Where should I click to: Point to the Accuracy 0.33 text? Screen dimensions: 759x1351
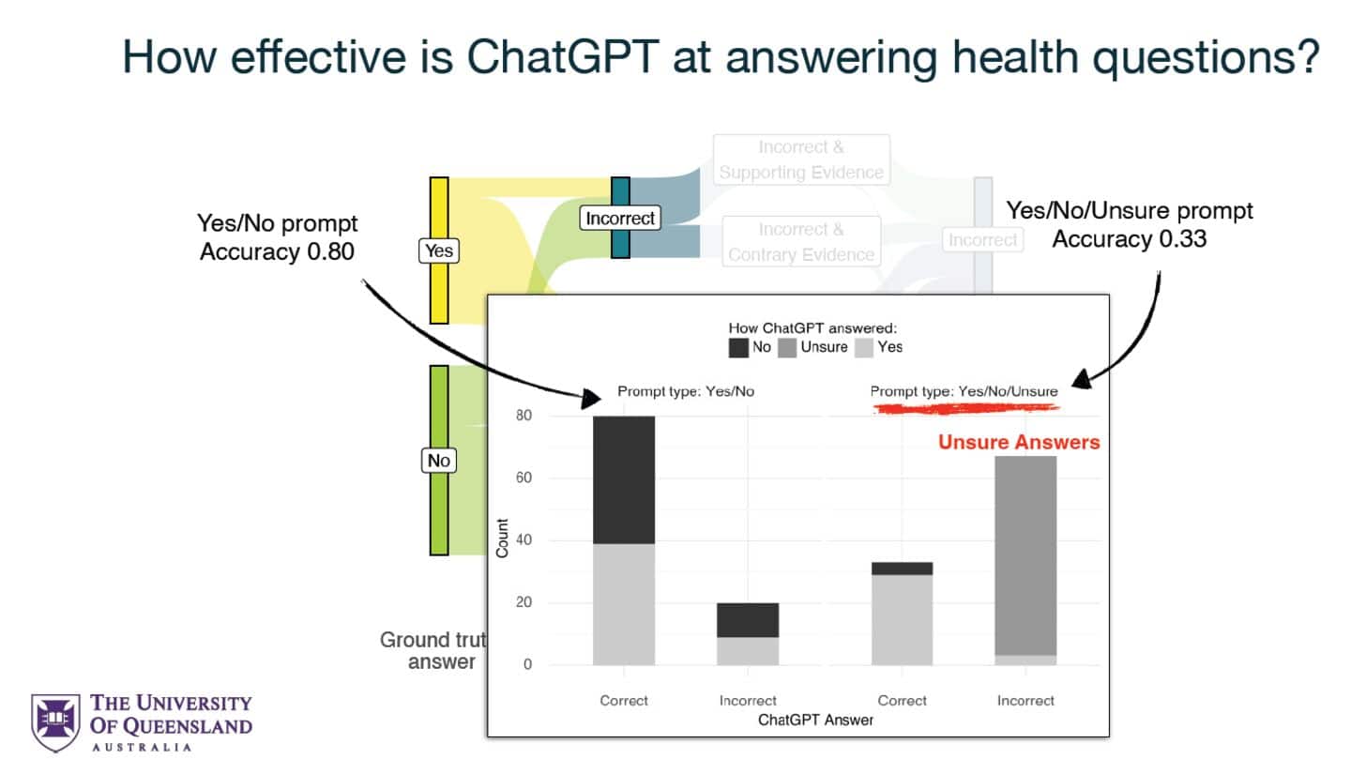pos(1129,239)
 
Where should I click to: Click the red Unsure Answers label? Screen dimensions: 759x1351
pos(1019,442)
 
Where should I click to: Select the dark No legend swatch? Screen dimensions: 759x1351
pos(738,347)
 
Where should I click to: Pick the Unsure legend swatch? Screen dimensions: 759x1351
pos(787,347)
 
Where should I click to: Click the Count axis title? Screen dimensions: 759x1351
pos(503,539)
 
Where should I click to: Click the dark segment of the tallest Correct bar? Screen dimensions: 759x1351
pos(624,478)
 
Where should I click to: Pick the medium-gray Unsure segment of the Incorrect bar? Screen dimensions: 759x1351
pos(1025,554)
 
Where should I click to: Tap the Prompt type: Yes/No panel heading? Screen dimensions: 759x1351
pos(685,392)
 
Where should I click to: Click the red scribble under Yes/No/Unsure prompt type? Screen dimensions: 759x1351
pos(966,408)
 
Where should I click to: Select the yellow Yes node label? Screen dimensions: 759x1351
pos(438,250)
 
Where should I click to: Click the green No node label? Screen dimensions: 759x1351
pos(438,461)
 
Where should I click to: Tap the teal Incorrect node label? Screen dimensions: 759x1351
pos(619,219)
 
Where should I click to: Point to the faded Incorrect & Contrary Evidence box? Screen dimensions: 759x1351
pos(801,242)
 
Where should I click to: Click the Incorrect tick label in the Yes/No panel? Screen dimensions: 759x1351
pos(748,701)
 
